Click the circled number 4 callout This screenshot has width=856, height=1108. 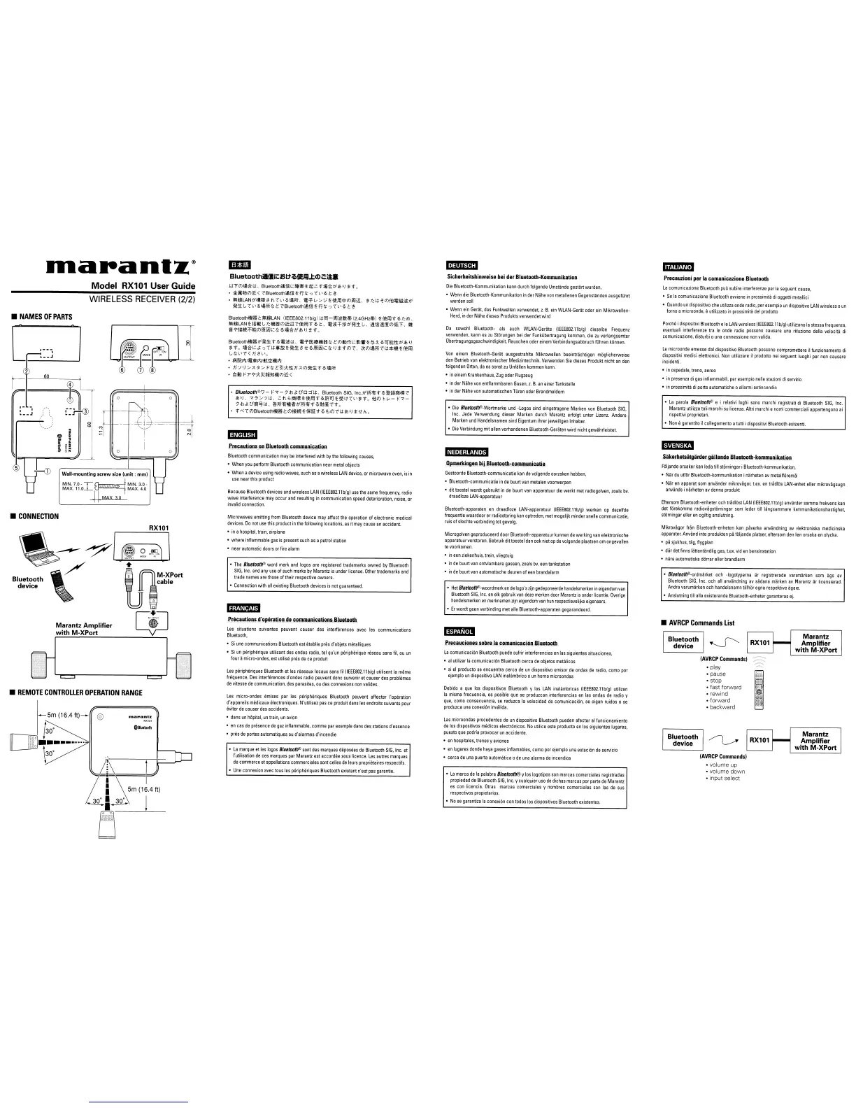pyautogui.click(x=70, y=385)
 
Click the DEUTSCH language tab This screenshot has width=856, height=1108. pyautogui.click(x=462, y=265)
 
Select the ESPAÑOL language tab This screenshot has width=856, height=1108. pyautogui.click(x=459, y=632)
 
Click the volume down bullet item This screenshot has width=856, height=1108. pyautogui.click(x=727, y=772)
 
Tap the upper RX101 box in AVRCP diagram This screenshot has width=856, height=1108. pyautogui.click(x=760, y=642)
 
